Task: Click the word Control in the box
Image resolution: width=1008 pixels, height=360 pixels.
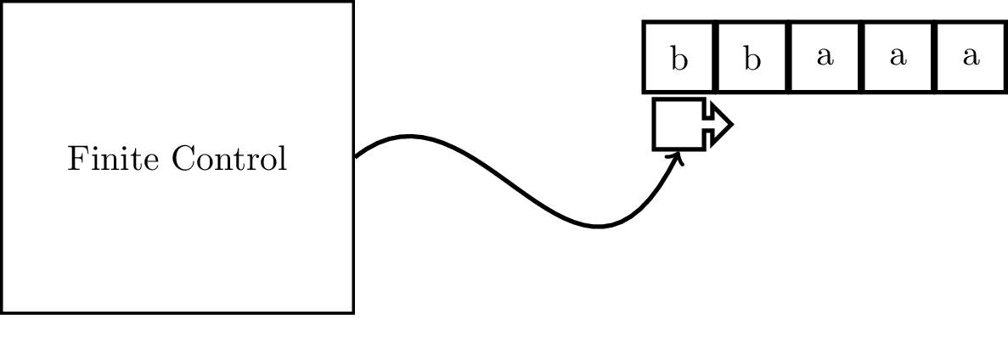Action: pyautogui.click(x=228, y=159)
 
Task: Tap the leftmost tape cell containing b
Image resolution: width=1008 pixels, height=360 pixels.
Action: pyautogui.click(x=679, y=57)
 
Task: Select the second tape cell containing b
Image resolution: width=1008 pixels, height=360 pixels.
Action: pyautogui.click(x=752, y=57)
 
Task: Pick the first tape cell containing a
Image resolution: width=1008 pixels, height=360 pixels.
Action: pyautogui.click(x=825, y=57)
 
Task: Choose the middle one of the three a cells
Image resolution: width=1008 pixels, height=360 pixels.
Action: pyautogui.click(x=898, y=57)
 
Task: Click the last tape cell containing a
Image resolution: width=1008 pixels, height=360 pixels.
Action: pyautogui.click(x=971, y=57)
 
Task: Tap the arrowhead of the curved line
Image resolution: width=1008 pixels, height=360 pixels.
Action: pyautogui.click(x=679, y=156)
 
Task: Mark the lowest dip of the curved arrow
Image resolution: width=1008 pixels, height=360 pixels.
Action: pyautogui.click(x=598, y=227)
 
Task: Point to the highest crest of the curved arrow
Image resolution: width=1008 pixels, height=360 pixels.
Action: pyautogui.click(x=409, y=136)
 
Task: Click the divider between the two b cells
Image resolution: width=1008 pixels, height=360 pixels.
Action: pyautogui.click(x=716, y=57)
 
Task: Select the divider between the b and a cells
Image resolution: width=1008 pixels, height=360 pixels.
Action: pyautogui.click(x=789, y=57)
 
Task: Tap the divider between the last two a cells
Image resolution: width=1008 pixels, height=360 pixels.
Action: pyautogui.click(x=935, y=57)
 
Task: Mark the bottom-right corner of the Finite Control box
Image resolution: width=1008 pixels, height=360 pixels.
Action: pyautogui.click(x=352, y=312)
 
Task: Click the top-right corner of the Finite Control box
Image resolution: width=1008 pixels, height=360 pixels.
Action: pyautogui.click(x=352, y=3)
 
